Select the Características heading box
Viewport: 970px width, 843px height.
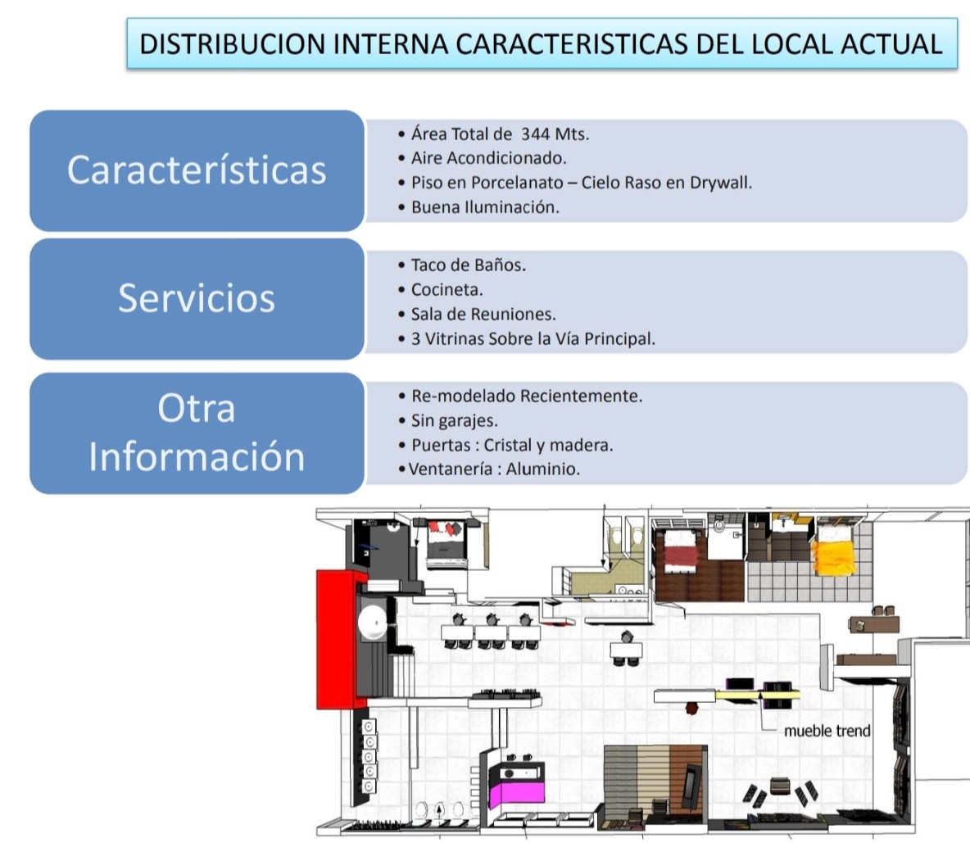pos(197,170)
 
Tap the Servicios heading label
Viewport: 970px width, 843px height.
pos(197,298)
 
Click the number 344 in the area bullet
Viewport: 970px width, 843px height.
pos(535,134)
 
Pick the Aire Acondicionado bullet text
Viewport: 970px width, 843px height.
pos(489,158)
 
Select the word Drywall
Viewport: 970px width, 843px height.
pos(721,183)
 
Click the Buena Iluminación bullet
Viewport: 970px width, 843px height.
pos(485,207)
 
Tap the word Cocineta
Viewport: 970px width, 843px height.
pos(446,289)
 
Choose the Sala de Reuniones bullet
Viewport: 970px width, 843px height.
pos(483,315)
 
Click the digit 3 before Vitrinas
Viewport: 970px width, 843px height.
pos(415,339)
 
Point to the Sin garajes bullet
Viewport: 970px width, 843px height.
pos(454,420)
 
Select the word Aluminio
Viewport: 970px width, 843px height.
pos(542,469)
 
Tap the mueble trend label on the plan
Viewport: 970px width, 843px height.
pos(827,731)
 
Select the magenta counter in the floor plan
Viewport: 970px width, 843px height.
pos(517,792)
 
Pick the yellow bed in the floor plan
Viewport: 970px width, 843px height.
pos(833,555)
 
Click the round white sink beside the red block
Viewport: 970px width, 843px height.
pos(373,621)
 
